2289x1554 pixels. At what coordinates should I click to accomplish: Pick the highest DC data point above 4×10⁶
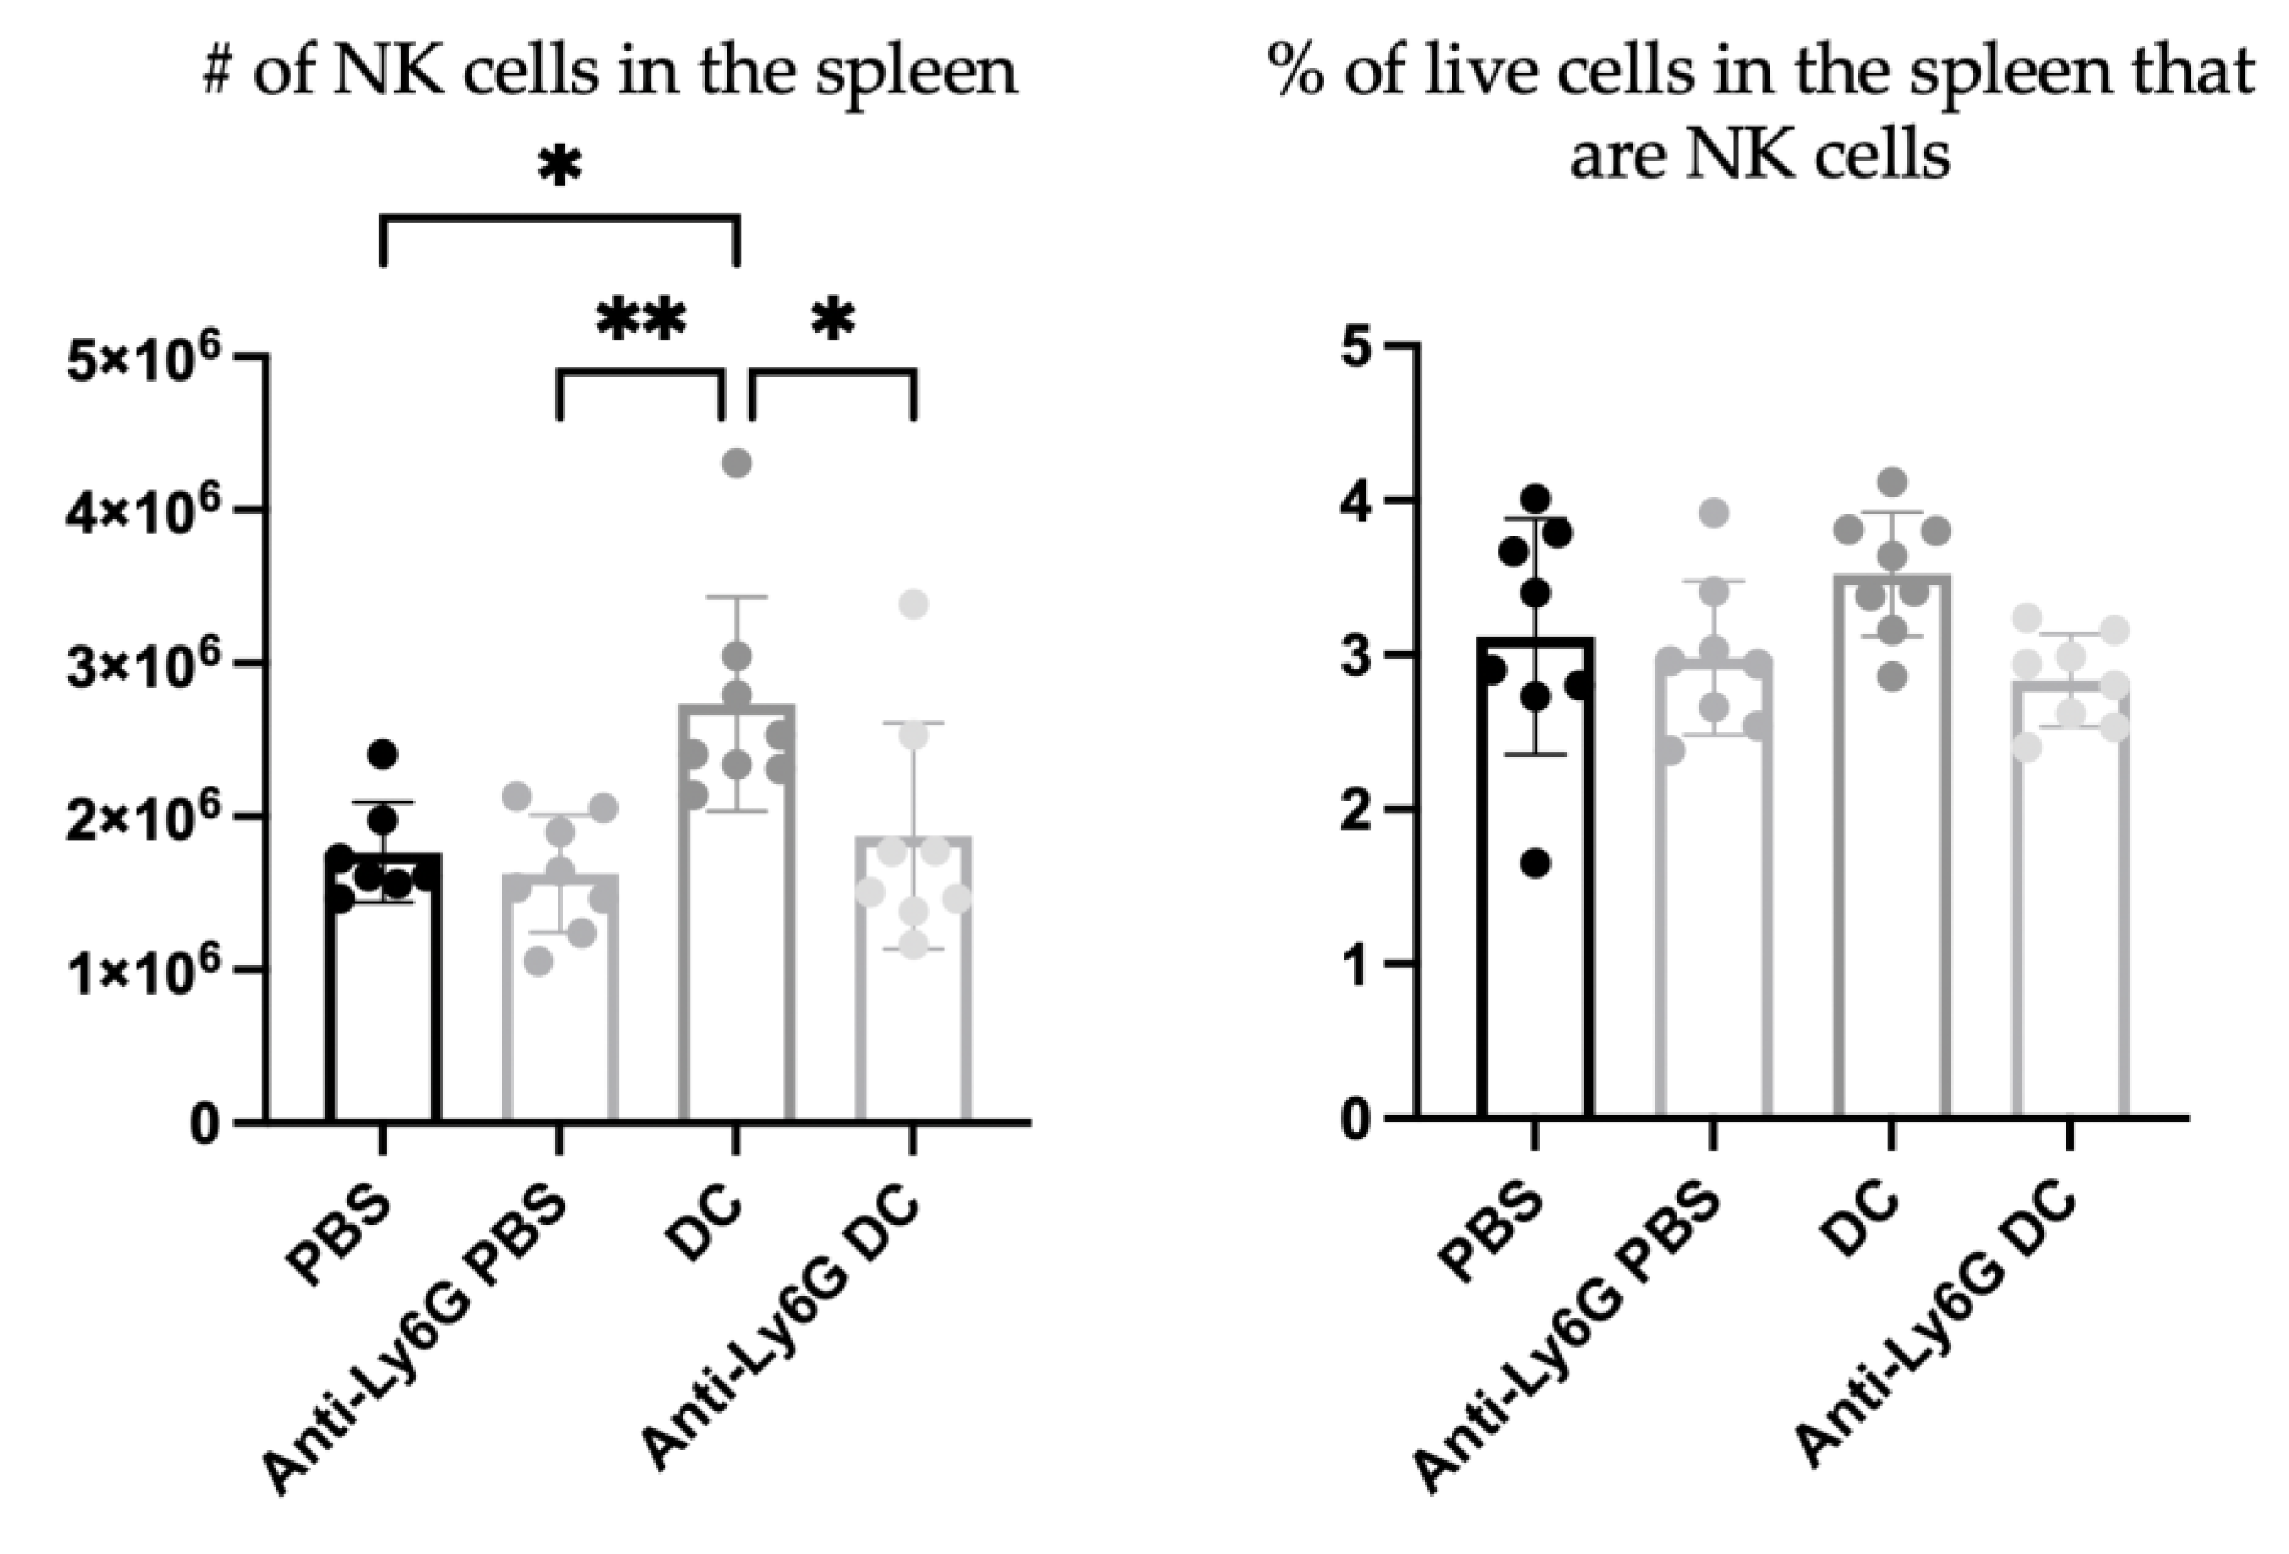tap(736, 463)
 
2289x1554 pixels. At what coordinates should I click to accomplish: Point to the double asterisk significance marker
tap(641, 322)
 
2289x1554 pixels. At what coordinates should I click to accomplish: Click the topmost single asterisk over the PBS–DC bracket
tap(559, 169)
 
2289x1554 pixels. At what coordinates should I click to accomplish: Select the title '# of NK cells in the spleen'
tap(610, 72)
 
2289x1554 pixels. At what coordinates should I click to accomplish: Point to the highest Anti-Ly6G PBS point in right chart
tap(1715, 512)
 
